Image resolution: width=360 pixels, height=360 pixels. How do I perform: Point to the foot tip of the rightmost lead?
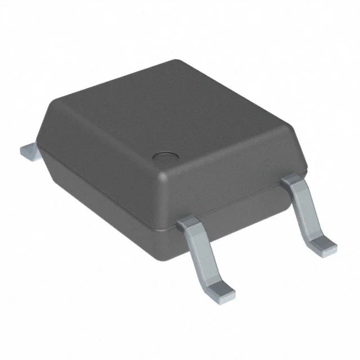323,244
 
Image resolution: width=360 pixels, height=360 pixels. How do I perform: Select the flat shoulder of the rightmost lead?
294,181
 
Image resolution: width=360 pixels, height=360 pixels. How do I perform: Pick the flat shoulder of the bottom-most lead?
190,226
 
